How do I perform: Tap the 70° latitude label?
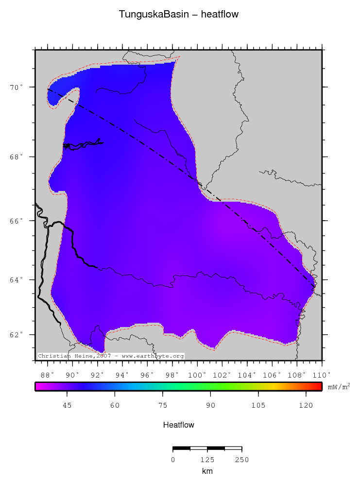click(18, 87)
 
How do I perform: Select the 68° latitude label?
click(18, 157)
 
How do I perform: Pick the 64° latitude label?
click(18, 280)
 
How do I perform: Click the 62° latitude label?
click(18, 335)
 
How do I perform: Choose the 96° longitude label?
click(147, 375)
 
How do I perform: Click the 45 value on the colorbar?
click(67, 405)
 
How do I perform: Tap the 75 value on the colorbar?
click(163, 405)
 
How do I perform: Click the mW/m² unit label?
click(339, 387)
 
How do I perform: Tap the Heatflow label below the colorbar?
click(179, 425)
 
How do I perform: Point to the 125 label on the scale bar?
click(207, 460)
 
